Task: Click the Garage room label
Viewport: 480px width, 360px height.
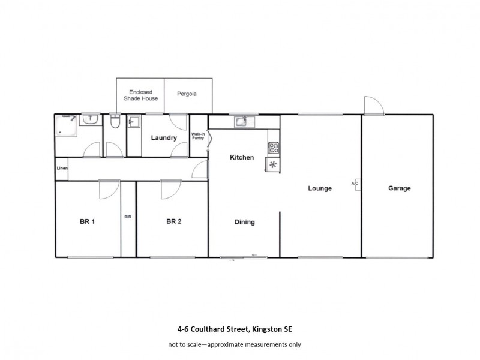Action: [x=399, y=188]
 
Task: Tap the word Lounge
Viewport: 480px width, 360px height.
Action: [x=320, y=188]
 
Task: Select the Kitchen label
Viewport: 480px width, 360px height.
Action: [x=242, y=157]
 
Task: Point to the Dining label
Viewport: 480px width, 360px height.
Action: [x=244, y=222]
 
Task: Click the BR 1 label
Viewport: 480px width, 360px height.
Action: [x=88, y=221]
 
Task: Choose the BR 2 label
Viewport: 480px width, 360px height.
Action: [x=173, y=221]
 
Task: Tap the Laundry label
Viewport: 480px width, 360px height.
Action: [x=164, y=138]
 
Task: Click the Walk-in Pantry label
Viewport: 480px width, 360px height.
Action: [x=198, y=136]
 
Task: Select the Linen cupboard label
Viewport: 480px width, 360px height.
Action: [x=62, y=168]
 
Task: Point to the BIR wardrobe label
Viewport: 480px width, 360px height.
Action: [x=127, y=217]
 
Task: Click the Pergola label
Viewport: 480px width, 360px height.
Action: [x=187, y=94]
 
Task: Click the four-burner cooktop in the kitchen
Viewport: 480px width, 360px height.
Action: [x=273, y=147]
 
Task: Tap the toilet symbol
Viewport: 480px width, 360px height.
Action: [x=115, y=122]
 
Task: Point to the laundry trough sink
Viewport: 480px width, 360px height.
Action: [x=134, y=122]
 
